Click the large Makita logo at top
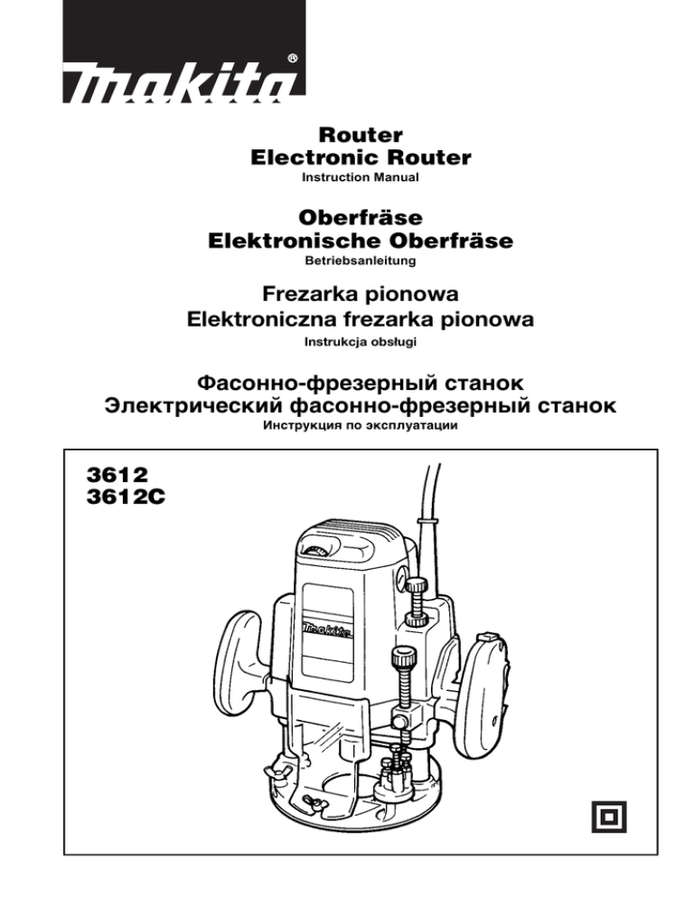(183, 52)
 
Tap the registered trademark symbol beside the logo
(292, 59)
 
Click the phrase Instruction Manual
(360, 177)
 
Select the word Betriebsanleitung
(360, 260)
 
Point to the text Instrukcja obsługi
(360, 342)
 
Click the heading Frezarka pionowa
(360, 294)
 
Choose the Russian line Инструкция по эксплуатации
(360, 425)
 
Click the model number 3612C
(126, 497)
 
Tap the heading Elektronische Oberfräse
(360, 241)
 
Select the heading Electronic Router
(361, 157)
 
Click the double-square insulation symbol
(609, 817)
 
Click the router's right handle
(485, 692)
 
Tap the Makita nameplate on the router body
(326, 630)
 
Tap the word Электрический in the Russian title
(193, 406)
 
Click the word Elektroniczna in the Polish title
(264, 318)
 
